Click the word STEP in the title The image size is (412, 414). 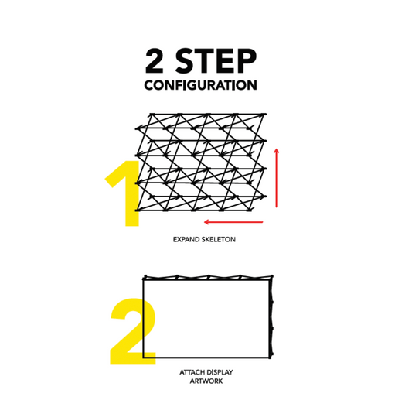point(216,61)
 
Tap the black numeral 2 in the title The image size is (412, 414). point(155,61)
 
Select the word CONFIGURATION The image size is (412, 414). point(200,85)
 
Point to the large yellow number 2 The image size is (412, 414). point(133,332)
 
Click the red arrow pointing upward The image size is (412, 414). point(277,178)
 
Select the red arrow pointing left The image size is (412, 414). point(233,222)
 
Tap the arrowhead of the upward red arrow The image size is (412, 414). point(277,151)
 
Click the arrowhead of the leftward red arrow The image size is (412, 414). point(206,222)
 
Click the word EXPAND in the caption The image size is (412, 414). point(186,239)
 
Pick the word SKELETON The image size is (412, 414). point(219,239)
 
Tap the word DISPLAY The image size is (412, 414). point(220,372)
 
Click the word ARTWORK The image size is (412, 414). point(206,381)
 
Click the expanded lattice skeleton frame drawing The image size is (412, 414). point(201,163)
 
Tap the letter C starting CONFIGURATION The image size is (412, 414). point(149,85)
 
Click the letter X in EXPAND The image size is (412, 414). point(179,239)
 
